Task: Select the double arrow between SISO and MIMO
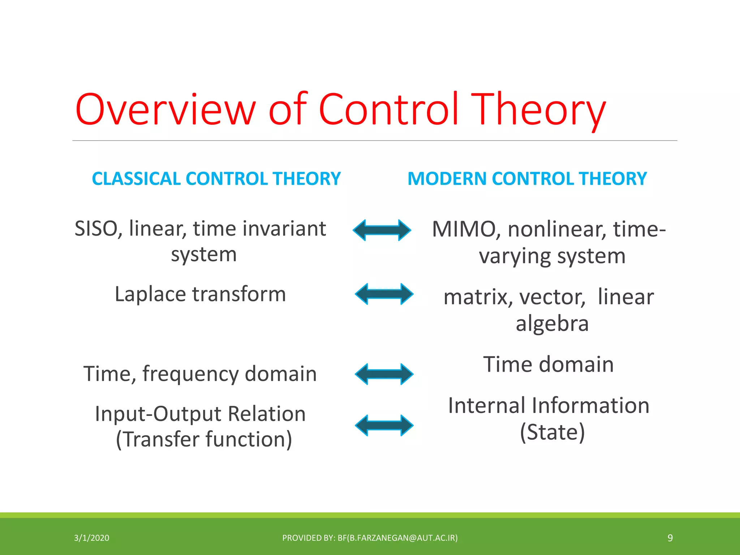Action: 382,230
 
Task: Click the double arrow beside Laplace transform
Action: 384,294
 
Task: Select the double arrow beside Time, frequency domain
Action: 384,374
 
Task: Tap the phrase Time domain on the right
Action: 548,364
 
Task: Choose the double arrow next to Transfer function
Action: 384,425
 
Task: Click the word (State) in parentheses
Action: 552,432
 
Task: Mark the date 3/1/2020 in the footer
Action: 91,538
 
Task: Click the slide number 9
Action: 670,538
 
